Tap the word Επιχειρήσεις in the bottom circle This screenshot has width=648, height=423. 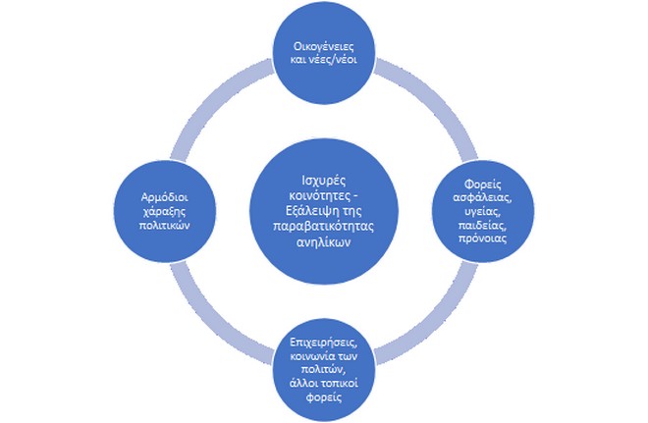coord(323,342)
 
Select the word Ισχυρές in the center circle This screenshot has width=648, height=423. coord(323,183)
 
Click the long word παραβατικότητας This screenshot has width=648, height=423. coord(323,226)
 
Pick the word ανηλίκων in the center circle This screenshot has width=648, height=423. coord(323,240)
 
